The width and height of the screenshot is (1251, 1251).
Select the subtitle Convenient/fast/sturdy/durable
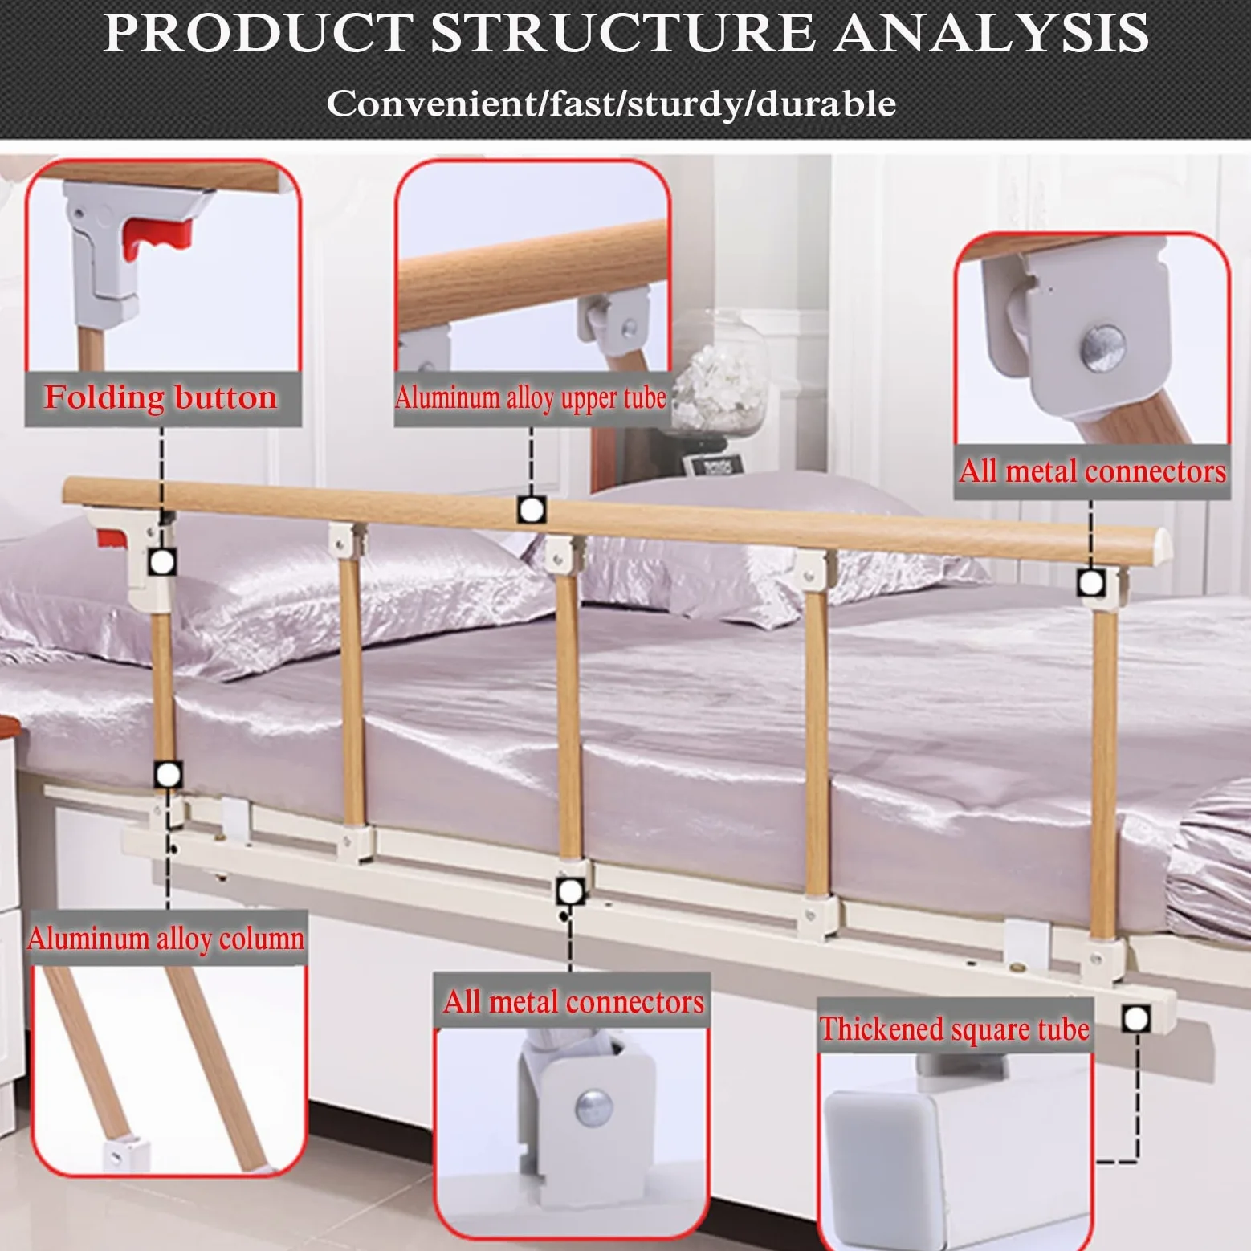click(611, 104)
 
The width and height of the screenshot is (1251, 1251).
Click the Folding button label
click(161, 397)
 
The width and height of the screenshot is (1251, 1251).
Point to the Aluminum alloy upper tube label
click(531, 397)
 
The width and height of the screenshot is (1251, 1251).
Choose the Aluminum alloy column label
click(166, 938)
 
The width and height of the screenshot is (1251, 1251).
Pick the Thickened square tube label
click(955, 1029)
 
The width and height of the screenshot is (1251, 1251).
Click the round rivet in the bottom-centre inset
click(593, 1109)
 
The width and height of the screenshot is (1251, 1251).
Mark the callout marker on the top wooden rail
click(531, 509)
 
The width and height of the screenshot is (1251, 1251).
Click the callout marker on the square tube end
click(1135, 1019)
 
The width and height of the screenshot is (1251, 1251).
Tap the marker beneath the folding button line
click(162, 562)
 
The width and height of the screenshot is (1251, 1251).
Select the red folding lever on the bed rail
click(110, 536)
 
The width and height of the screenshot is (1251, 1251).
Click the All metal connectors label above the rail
click(1092, 471)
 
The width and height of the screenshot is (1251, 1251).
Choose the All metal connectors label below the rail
click(573, 1001)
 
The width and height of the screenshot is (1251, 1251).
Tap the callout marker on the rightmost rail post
click(1090, 583)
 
